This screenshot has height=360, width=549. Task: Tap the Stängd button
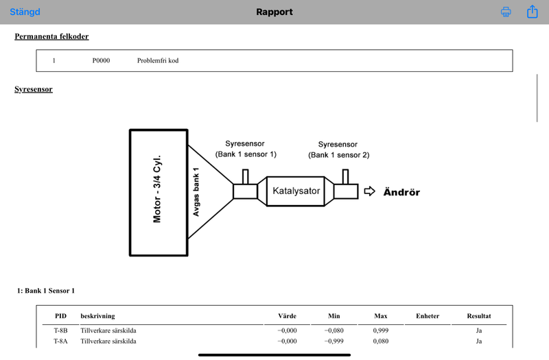click(x=25, y=12)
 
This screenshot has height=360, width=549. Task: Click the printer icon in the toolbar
click(x=506, y=12)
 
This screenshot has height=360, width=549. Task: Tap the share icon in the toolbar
click(x=533, y=12)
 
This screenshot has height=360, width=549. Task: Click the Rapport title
click(x=274, y=12)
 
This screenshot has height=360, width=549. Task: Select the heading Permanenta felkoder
click(x=51, y=36)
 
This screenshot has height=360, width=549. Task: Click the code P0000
click(x=101, y=60)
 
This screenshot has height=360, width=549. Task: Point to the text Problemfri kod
click(x=158, y=60)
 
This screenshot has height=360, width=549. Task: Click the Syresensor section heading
click(x=34, y=89)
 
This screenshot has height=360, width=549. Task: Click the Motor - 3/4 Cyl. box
click(x=159, y=193)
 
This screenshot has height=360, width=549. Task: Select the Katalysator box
click(x=296, y=191)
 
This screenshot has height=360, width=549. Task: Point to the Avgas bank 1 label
click(x=196, y=192)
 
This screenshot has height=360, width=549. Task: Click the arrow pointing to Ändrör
click(x=369, y=191)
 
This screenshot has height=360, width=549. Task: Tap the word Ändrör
click(x=401, y=192)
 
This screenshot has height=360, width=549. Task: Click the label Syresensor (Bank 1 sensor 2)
click(x=338, y=149)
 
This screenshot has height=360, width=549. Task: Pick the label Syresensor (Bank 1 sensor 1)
click(x=246, y=149)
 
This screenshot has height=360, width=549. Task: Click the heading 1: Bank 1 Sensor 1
click(x=46, y=291)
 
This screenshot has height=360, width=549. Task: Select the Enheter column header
click(x=428, y=316)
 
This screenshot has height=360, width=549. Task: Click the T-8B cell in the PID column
click(x=60, y=331)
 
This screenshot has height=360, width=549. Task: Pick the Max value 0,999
click(x=381, y=331)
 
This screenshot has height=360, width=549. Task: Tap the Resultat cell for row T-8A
click(x=479, y=341)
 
